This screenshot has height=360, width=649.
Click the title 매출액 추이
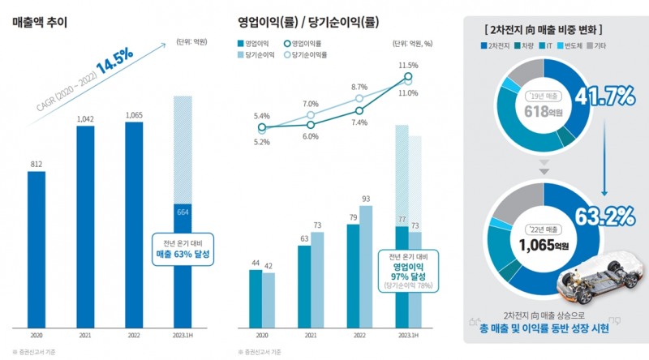click(40, 22)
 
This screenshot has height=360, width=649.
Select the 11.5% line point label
click(408, 65)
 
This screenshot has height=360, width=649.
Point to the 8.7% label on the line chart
click(359, 87)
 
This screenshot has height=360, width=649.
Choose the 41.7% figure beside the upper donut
click(604, 99)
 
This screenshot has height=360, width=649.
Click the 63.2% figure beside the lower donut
click(604, 216)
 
